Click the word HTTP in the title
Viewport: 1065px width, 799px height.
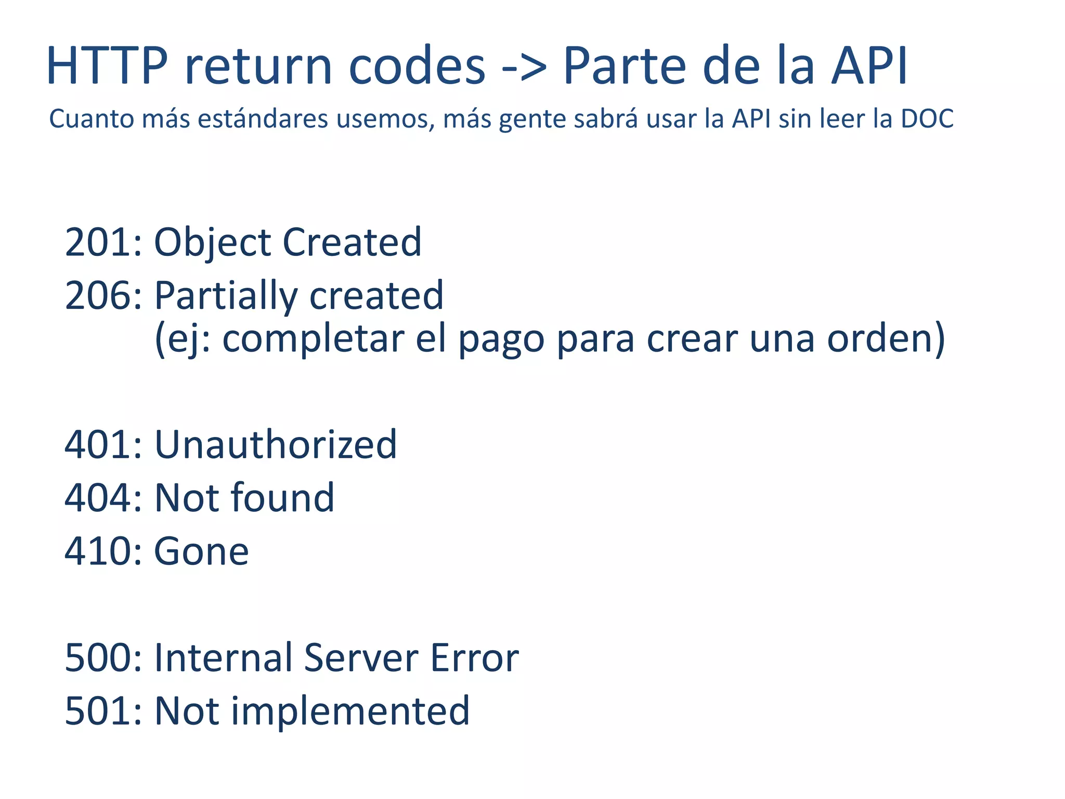pos(107,66)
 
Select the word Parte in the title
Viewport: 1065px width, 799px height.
pos(624,66)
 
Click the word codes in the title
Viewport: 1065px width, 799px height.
pos(417,66)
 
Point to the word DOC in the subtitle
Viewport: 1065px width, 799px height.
pos(927,119)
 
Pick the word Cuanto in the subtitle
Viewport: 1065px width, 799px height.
pos(92,119)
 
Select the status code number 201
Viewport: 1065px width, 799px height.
pos(99,242)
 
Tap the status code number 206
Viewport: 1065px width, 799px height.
pos(99,295)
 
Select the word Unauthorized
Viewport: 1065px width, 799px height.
pos(276,445)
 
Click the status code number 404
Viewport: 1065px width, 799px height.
pos(99,498)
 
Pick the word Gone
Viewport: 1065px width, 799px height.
pos(201,551)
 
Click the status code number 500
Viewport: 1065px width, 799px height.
pos(99,658)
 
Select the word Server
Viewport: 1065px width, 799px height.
pos(360,658)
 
